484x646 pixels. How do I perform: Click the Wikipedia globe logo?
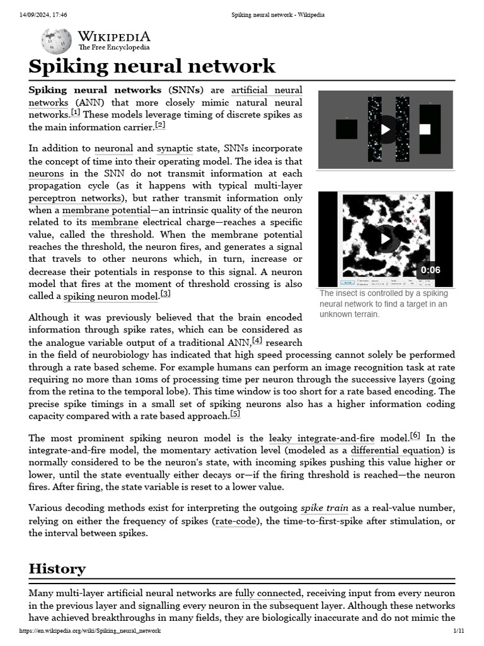coord(56,41)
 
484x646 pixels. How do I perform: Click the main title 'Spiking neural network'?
coord(152,66)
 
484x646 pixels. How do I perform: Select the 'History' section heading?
coord(57,568)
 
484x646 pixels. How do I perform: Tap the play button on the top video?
coord(386,129)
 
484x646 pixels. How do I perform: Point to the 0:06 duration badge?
coord(430,270)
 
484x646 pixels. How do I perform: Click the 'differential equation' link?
coord(387,450)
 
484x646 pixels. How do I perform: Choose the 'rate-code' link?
coord(231,521)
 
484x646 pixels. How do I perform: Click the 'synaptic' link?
coord(175,149)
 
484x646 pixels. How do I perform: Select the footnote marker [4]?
coord(257,341)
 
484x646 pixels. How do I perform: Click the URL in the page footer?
coord(90,631)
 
